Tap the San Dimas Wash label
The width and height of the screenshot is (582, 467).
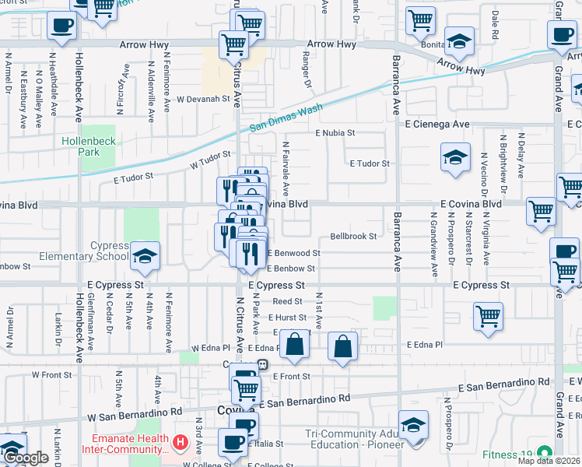(x=286, y=120)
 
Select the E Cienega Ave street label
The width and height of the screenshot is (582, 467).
(x=436, y=124)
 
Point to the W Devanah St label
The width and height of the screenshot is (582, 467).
(x=203, y=100)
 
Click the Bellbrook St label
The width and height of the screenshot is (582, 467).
(x=353, y=236)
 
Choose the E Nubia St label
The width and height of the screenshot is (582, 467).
(x=335, y=133)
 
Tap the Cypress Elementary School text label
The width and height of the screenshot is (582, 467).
(x=109, y=251)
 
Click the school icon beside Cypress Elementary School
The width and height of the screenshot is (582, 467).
(x=144, y=258)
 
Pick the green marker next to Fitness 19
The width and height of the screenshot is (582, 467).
(x=545, y=451)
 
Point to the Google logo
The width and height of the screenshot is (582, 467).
(x=26, y=458)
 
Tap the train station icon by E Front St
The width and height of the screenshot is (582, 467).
(x=264, y=364)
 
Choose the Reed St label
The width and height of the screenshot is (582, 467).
(x=287, y=301)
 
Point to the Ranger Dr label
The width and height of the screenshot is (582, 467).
(x=307, y=71)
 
